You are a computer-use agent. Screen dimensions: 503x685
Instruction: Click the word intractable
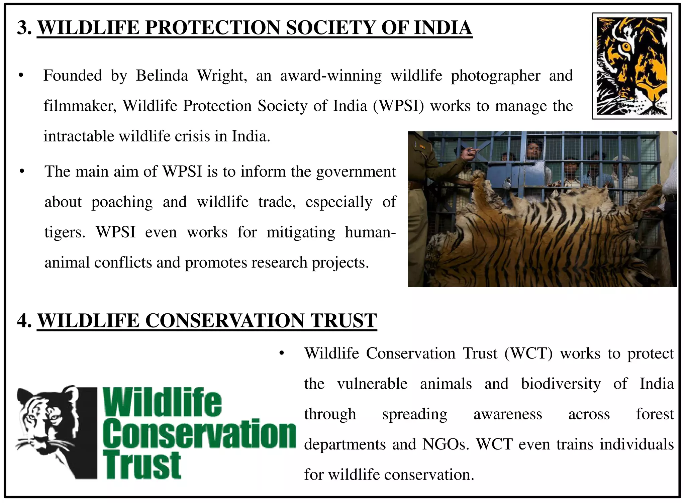79,136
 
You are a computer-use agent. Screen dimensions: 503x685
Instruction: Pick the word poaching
122,202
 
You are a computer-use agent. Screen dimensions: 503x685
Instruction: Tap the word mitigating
301,232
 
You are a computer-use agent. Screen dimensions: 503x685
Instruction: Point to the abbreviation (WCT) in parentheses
528,354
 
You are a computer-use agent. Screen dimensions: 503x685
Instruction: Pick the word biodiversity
561,384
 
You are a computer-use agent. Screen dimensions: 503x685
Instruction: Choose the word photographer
495,76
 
